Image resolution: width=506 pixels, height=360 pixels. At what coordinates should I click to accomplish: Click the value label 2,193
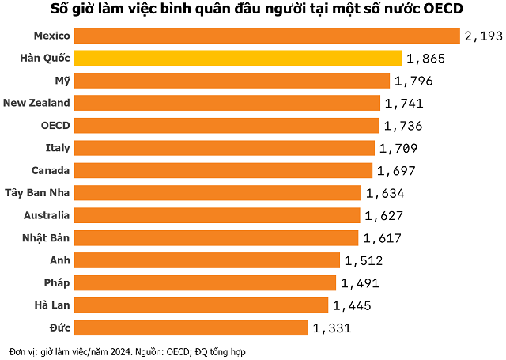click(484, 36)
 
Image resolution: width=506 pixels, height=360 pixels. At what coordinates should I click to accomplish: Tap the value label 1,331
click(331, 328)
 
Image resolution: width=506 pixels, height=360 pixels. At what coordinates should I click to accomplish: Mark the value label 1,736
click(403, 126)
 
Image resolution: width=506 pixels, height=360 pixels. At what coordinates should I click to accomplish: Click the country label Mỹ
click(62, 80)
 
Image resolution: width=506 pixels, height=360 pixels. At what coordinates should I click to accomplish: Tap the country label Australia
click(47, 214)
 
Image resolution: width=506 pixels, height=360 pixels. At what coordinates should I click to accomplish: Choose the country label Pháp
click(58, 282)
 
